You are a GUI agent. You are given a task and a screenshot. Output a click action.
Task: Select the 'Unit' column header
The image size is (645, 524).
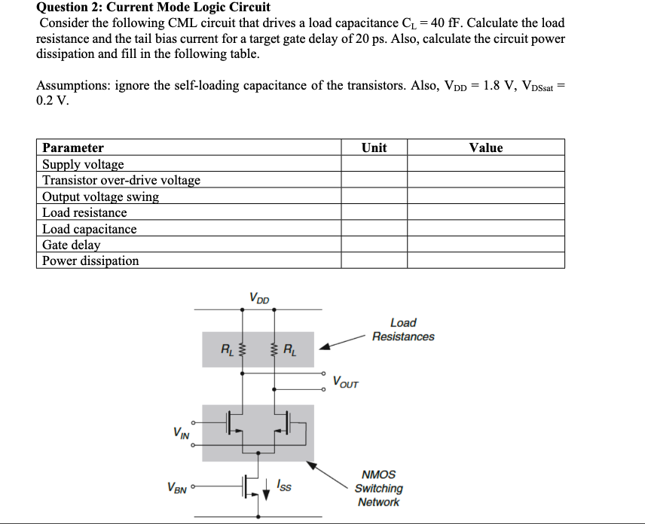pyautogui.click(x=374, y=148)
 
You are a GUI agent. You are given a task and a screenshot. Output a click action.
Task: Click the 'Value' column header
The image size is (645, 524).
pyautogui.click(x=485, y=148)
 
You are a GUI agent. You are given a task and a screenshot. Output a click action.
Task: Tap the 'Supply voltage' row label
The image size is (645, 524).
pyautogui.click(x=83, y=164)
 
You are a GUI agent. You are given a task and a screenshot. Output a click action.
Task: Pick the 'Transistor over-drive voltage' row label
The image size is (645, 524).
pyautogui.click(x=121, y=180)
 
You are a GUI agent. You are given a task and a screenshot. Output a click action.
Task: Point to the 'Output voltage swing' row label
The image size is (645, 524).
pyautogui.click(x=100, y=196)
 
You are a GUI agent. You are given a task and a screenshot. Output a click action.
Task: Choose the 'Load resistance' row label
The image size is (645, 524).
pyautogui.click(x=84, y=212)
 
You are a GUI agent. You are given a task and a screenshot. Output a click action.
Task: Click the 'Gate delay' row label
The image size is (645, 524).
pyautogui.click(x=71, y=245)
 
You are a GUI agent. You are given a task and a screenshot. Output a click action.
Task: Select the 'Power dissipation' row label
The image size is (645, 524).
pyautogui.click(x=90, y=260)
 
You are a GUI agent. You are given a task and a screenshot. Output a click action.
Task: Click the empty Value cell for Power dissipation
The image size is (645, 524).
pyautogui.click(x=485, y=260)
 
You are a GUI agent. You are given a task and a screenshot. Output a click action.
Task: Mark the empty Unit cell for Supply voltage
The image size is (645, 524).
pyautogui.click(x=374, y=164)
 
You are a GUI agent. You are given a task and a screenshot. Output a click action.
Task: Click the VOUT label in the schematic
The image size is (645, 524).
pyautogui.click(x=346, y=382)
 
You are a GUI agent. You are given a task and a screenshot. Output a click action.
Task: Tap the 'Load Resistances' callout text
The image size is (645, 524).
pyautogui.click(x=403, y=330)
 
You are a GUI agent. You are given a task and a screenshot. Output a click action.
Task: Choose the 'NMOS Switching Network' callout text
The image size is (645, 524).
pyautogui.click(x=378, y=488)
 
